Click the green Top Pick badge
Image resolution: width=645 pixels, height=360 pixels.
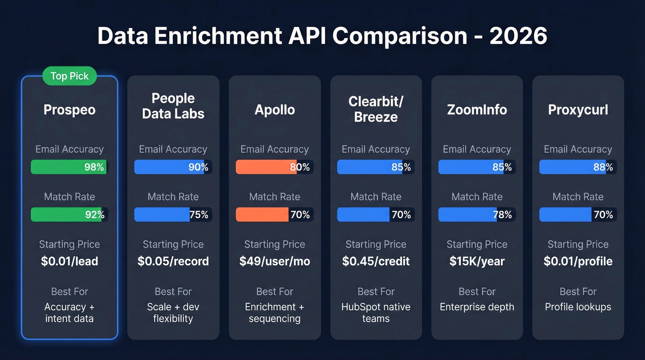coord(70,76)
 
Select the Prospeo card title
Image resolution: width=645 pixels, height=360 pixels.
coord(70,110)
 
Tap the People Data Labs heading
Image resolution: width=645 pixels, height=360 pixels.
coord(173,106)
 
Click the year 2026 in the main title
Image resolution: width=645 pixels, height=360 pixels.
coord(518,36)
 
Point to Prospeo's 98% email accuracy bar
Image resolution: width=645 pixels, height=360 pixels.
coord(69,167)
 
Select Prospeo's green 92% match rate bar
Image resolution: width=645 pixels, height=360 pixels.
coord(69,214)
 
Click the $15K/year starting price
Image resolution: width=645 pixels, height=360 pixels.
coord(477,261)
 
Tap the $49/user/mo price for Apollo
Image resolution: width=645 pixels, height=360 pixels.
coord(275,261)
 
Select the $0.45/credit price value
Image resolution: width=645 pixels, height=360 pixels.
coord(376,261)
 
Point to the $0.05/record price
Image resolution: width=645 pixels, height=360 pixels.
coord(173,261)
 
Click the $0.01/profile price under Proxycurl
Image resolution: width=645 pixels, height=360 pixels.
coord(578,261)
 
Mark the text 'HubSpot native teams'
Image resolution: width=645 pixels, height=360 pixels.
coord(376,313)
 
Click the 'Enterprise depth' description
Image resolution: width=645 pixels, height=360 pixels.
coord(477,307)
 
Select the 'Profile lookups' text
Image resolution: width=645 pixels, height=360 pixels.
coord(578,307)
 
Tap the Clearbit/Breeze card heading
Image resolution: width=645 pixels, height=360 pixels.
coord(376,109)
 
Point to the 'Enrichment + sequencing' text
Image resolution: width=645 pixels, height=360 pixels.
coord(275,313)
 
